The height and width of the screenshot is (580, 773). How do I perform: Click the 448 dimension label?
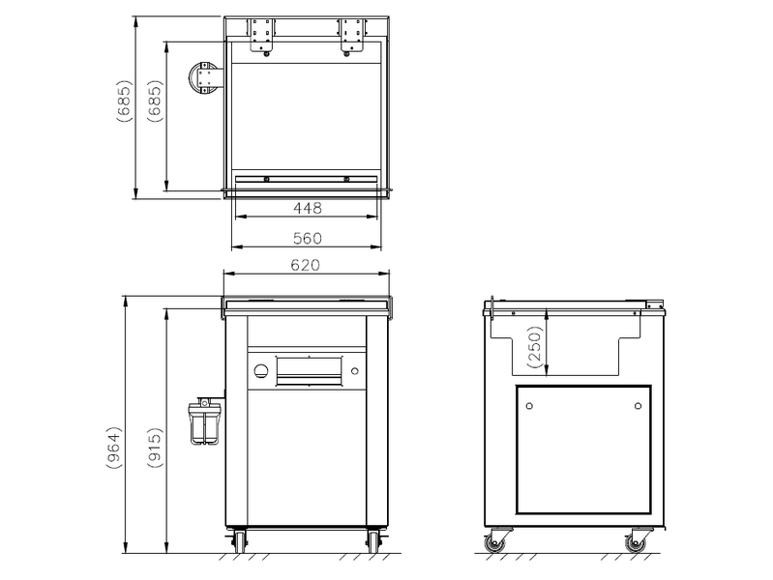coord(307,208)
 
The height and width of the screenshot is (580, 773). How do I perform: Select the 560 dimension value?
coord(307,239)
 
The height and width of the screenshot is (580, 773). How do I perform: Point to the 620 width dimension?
coord(305,265)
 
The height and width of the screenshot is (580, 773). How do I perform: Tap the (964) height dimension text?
coord(114,448)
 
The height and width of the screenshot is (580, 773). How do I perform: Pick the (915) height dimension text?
coord(155,448)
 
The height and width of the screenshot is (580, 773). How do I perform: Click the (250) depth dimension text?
coord(535,347)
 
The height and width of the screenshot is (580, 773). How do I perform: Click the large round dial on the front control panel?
coord(262,370)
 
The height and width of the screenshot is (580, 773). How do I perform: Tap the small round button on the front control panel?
coord(354,371)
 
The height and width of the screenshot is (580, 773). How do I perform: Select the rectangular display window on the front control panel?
coord(309,371)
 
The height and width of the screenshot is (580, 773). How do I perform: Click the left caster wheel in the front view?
coord(240,540)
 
